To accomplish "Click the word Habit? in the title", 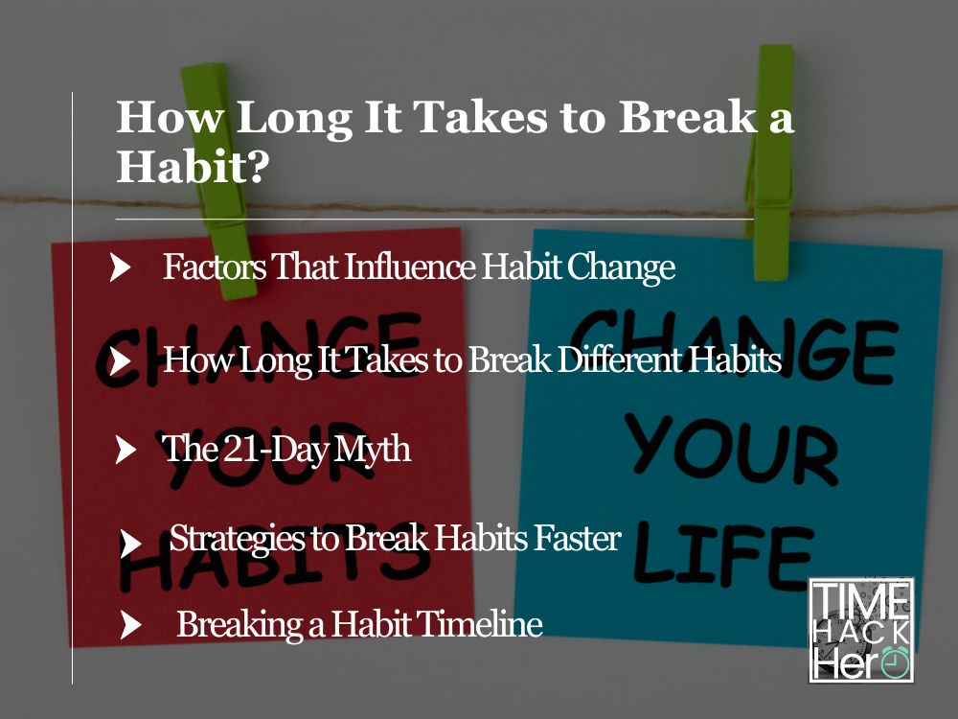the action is pos(193,165).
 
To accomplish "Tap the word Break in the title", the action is pos(687,116).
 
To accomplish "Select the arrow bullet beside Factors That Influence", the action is pos(121,267).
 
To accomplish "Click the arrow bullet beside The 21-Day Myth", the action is pos(125,450).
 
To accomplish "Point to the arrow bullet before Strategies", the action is pos(130,543).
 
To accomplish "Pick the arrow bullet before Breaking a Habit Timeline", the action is pos(130,625).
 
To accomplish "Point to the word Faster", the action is pos(577,538).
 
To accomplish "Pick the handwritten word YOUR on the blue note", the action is pos(731,452).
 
